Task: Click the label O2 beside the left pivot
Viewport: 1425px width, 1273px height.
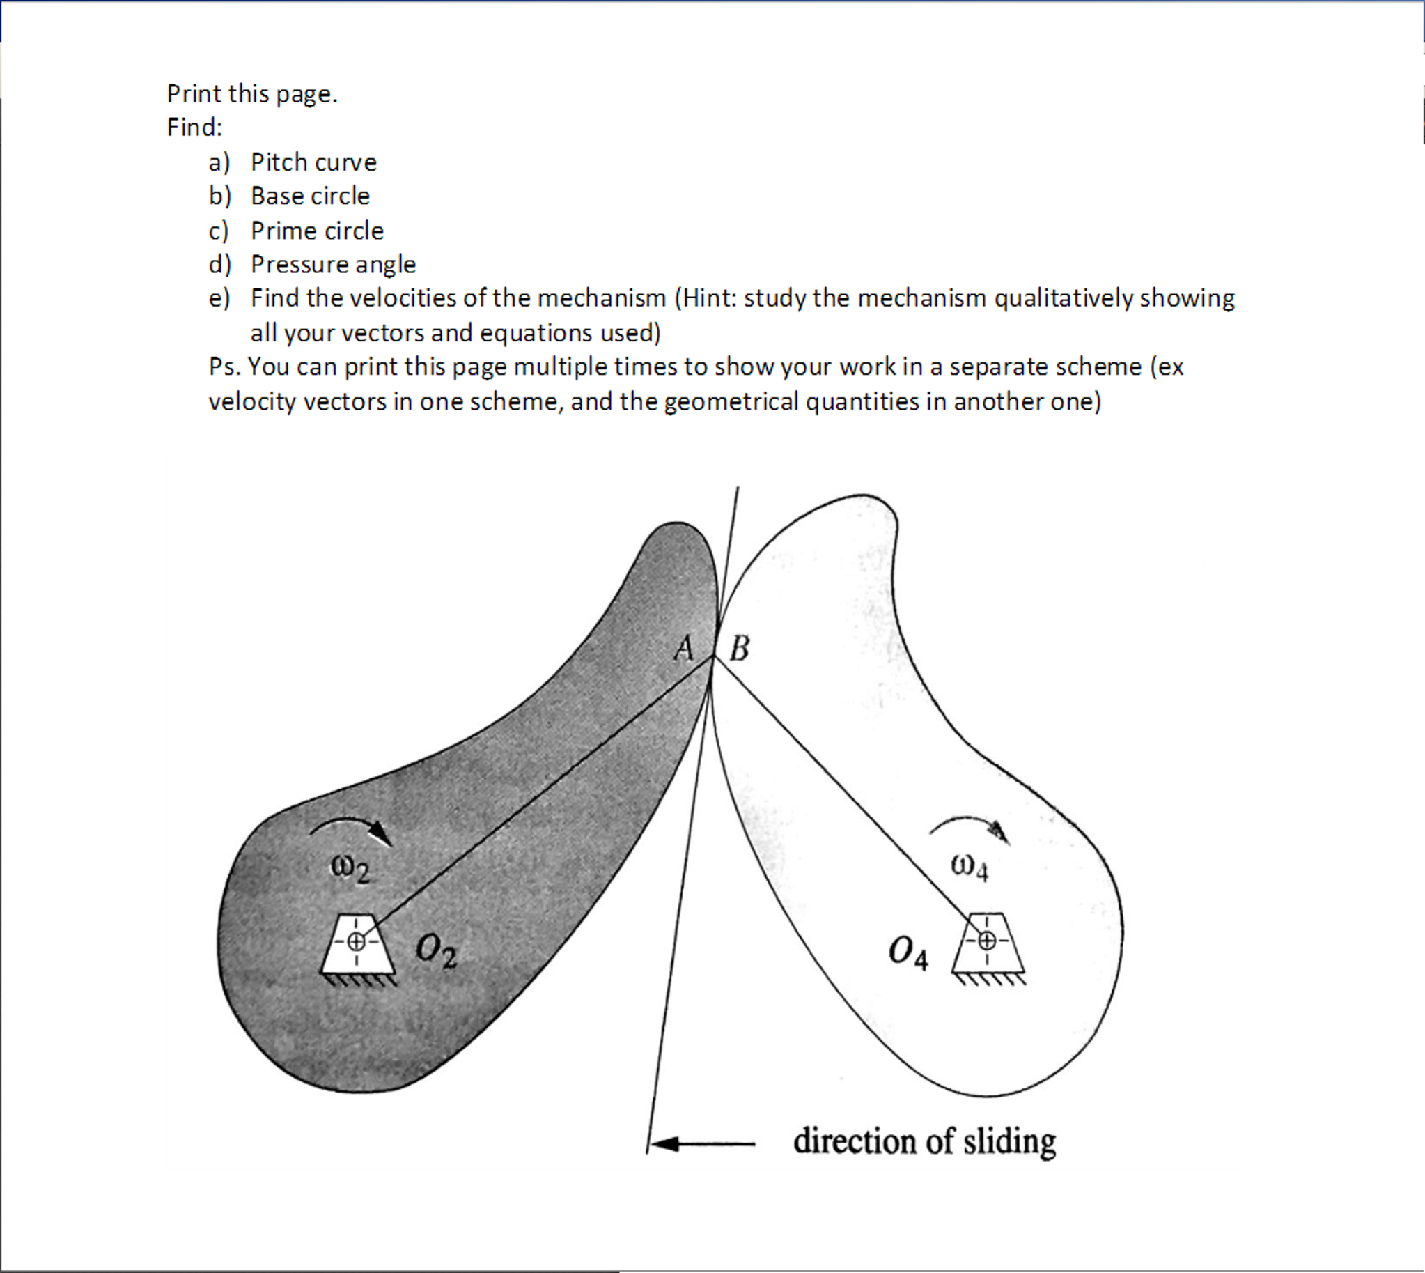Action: tap(435, 952)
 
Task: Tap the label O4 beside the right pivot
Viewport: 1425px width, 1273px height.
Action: tap(908, 954)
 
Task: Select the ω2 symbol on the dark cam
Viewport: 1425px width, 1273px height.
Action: tap(350, 870)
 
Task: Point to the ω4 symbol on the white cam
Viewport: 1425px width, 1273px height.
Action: tap(969, 868)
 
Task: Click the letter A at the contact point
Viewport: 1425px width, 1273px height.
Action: tap(684, 649)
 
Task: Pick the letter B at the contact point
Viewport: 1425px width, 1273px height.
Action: tap(739, 649)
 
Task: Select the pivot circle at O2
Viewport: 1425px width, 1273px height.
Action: tap(356, 941)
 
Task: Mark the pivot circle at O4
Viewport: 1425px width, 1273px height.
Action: tap(987, 941)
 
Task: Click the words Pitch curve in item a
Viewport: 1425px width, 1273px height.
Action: tap(313, 162)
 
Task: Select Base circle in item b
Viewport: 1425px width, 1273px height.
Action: tap(310, 196)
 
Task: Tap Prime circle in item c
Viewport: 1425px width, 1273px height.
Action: tap(317, 231)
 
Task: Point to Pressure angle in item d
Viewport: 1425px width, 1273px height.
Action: tap(333, 264)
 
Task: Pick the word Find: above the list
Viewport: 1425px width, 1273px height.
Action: tap(194, 128)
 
